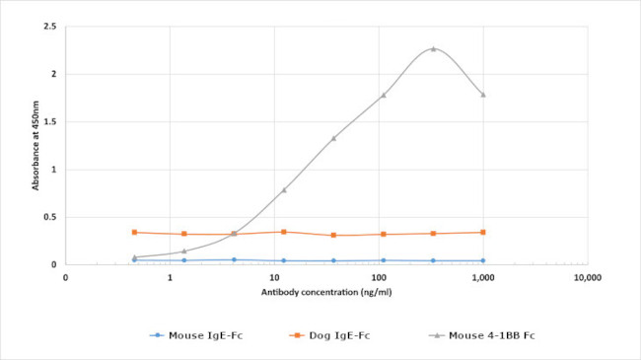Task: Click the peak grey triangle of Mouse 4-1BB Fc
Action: coord(433,48)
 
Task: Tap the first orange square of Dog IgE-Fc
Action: coord(134,232)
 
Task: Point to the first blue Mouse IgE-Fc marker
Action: coord(134,260)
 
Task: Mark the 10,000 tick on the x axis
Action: coord(588,279)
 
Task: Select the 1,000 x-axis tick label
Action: coord(483,279)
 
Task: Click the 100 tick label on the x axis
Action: coord(379,279)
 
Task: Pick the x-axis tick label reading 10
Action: coord(274,279)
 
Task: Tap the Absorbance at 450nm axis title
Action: coord(36,145)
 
